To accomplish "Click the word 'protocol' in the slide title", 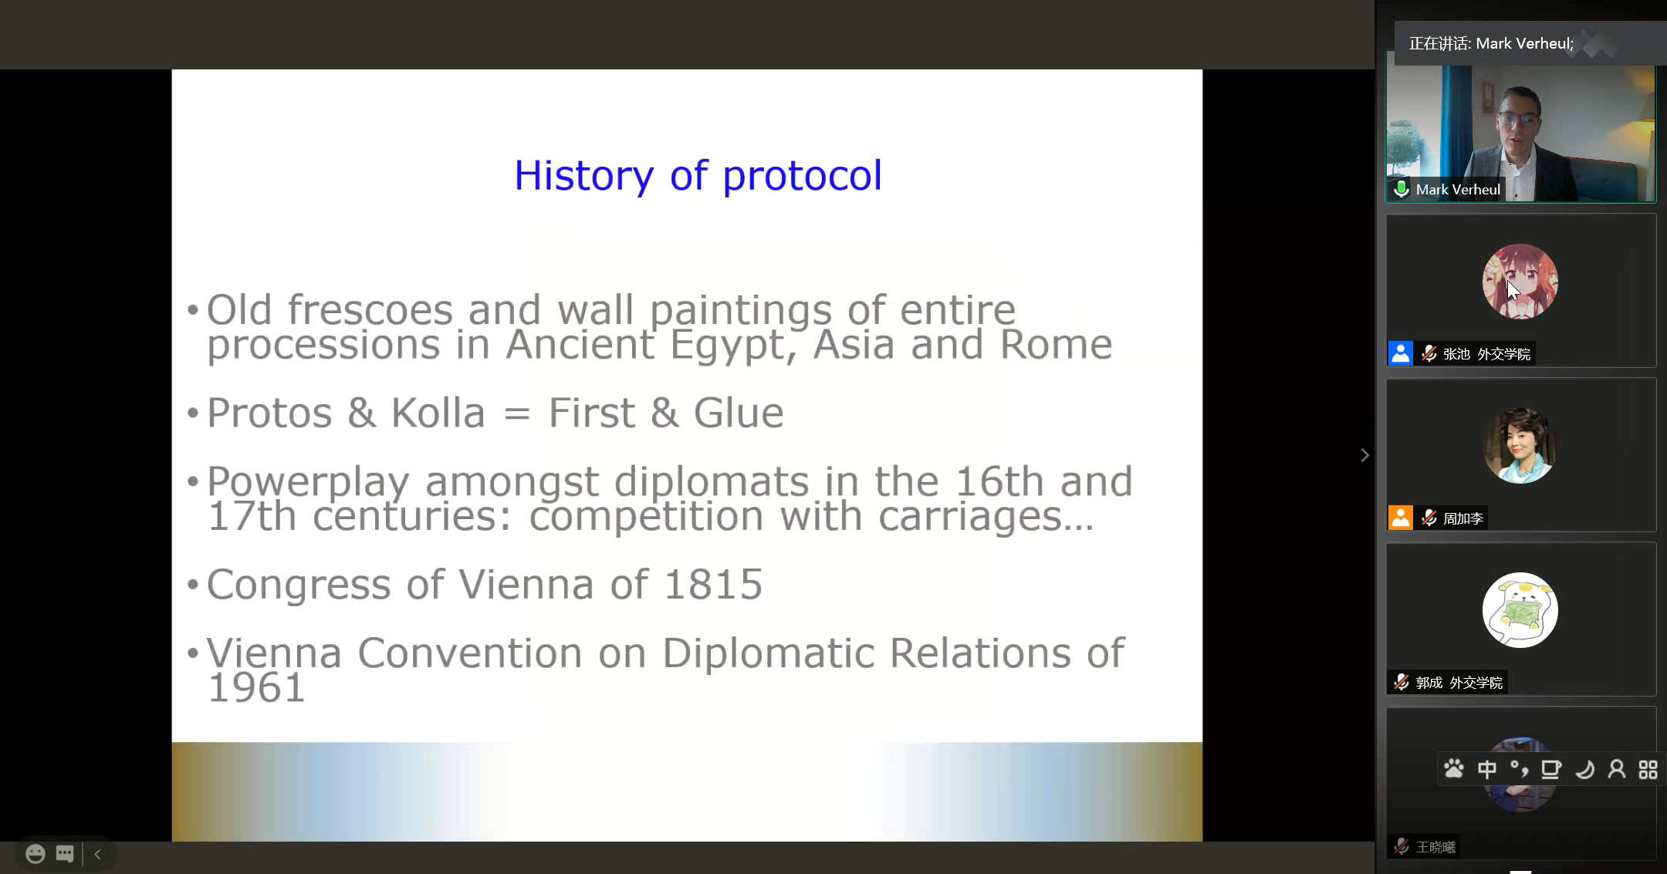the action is tap(802, 177).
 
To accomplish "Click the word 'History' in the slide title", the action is tap(583, 177).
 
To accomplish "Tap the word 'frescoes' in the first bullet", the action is tap(370, 310).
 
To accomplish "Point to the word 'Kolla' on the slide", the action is tap(438, 413).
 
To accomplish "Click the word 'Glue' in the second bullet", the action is tap(739, 413).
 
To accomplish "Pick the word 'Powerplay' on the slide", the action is tap(308, 483).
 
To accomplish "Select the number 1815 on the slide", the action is tap(713, 584).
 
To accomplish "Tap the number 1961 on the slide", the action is tap(256, 687).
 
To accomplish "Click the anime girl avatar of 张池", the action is tap(1520, 282).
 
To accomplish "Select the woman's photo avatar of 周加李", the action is tap(1520, 446).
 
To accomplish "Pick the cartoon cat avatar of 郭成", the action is tap(1520, 610).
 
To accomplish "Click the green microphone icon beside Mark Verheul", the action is tap(1401, 189).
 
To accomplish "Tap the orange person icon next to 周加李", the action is tap(1400, 518).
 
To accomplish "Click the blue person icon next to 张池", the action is tap(1400, 353).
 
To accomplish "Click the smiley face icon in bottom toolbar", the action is tap(36, 854).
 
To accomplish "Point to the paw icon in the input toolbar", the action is tap(1454, 769).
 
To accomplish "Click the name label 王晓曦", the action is tap(1435, 847).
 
